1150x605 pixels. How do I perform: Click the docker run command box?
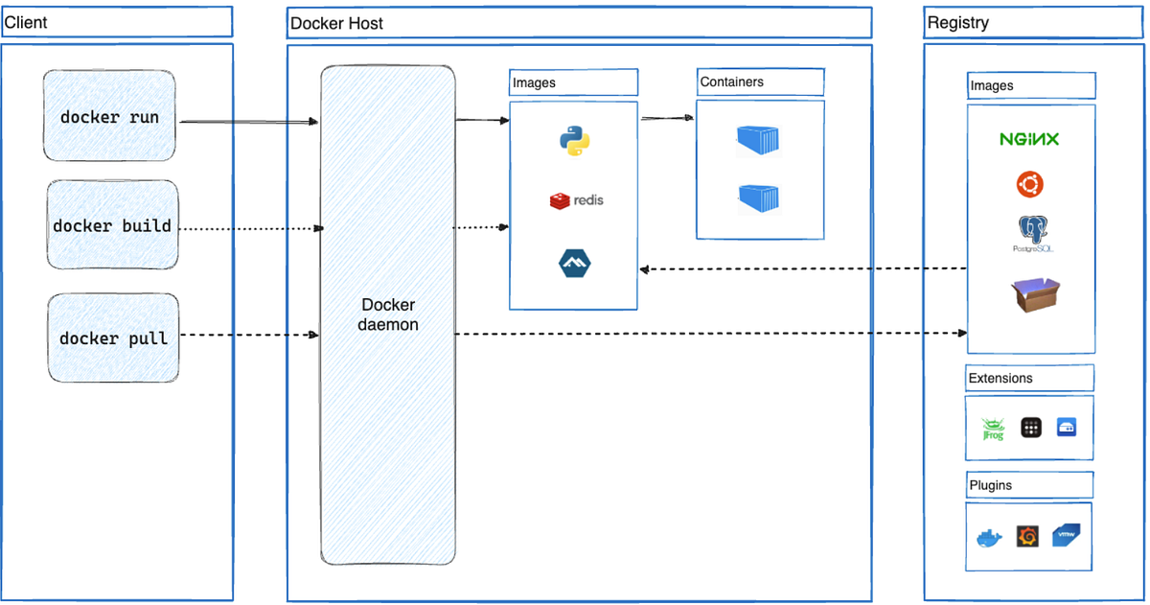point(109,116)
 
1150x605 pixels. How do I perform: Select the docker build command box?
point(112,226)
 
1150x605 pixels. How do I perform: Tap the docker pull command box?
point(113,338)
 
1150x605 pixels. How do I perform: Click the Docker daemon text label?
point(388,314)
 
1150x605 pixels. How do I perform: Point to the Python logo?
point(574,141)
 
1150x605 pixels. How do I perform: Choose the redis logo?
point(577,200)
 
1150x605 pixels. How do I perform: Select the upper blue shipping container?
point(758,140)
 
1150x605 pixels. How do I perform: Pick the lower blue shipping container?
point(758,198)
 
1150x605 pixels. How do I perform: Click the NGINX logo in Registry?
point(1029,139)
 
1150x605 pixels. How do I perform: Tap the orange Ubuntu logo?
point(1030,183)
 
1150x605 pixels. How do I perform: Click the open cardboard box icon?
point(1036,295)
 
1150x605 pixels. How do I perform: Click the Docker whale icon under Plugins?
point(988,537)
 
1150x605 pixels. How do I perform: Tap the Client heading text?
point(26,22)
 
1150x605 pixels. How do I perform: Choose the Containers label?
point(732,82)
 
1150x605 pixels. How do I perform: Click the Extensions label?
point(1000,378)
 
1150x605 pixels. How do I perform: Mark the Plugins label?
point(991,485)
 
